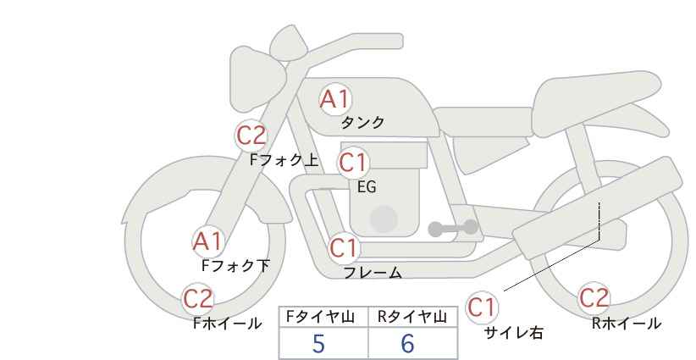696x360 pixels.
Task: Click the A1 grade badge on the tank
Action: pos(335,99)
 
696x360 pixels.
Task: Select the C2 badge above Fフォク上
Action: pos(251,136)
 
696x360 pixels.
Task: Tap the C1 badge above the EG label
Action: pos(353,163)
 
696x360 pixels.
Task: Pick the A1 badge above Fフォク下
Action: pos(207,242)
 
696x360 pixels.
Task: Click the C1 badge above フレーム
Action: pos(344,248)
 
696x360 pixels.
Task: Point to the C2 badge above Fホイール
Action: pos(198,299)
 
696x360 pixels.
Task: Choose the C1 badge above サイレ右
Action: pos(482,307)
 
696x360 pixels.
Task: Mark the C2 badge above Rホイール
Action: pos(594,298)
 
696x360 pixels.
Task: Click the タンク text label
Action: pos(362,123)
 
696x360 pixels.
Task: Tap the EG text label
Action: pos(367,187)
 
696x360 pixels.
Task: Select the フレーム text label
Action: pos(373,273)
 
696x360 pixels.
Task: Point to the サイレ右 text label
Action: pos(513,332)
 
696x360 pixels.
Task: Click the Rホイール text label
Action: pos(627,324)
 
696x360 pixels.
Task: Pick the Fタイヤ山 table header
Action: pos(320,317)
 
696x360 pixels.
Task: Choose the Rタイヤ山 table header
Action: pos(412,317)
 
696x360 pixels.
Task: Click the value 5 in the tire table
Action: pos(318,343)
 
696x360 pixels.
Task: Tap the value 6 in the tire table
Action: pos(407,343)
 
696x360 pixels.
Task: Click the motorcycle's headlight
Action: pos(257,79)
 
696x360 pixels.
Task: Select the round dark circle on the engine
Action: pos(384,219)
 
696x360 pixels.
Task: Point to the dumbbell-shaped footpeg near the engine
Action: pos(453,228)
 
